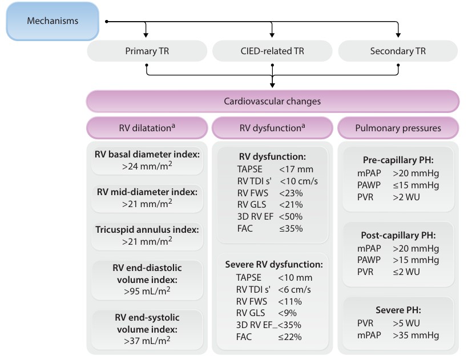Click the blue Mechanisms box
53,21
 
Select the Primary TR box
147,51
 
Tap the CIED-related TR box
272,51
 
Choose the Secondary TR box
398,51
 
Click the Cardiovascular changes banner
272,101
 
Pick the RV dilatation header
147,128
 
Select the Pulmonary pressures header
398,128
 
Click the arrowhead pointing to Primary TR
146,35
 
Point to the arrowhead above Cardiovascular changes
272,85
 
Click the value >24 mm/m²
147,166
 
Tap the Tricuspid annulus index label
147,230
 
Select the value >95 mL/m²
147,291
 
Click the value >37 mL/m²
147,340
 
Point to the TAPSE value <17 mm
296,169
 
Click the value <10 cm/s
298,181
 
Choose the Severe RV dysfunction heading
274,265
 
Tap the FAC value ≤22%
290,337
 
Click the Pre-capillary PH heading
398,160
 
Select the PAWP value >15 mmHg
415,260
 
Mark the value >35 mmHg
415,335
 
